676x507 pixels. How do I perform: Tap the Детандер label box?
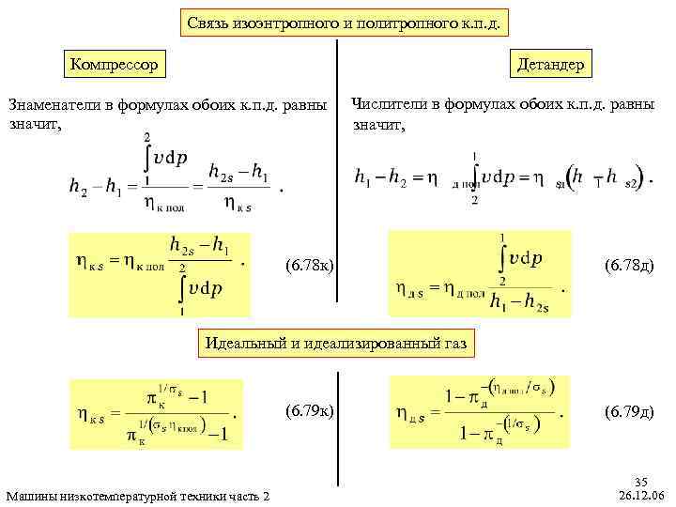pos(549,64)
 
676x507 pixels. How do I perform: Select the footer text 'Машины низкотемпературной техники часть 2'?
pos(137,495)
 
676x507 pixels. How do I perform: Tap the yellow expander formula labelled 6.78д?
pos(481,273)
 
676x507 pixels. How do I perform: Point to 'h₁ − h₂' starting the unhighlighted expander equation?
pos(379,176)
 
